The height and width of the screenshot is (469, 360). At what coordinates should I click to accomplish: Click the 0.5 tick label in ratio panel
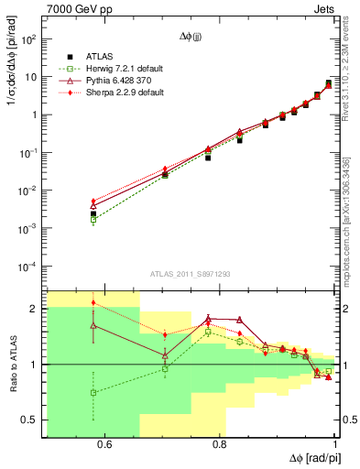pos(29,420)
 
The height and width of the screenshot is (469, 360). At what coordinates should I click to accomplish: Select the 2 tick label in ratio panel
pos(34,309)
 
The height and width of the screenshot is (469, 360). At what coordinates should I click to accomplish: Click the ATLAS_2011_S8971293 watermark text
pos(191,274)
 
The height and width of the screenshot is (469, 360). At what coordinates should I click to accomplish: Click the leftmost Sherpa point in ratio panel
pos(93,302)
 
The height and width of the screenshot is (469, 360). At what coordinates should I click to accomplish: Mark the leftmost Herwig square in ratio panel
pos(93,392)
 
